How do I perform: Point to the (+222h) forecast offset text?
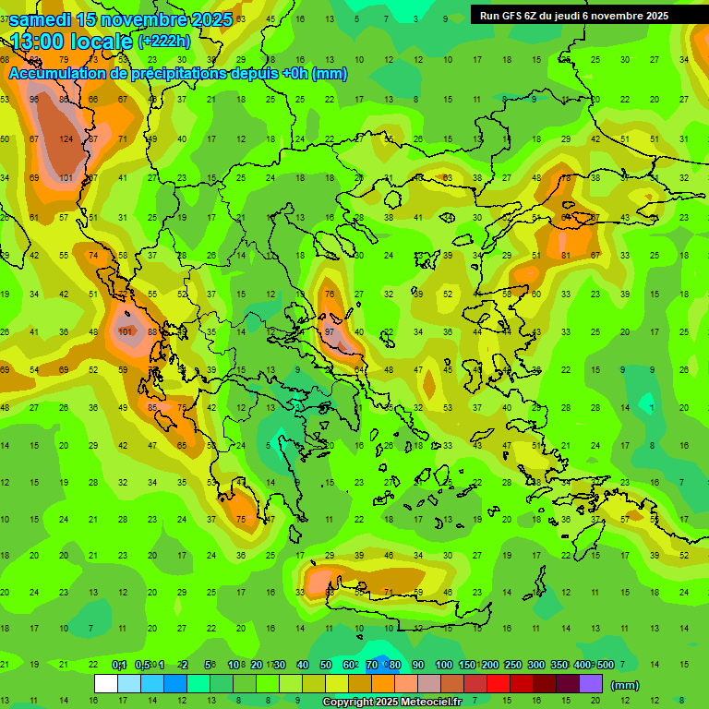[x=163, y=42]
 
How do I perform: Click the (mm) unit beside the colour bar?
[x=625, y=685]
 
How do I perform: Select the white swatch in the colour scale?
[x=106, y=684]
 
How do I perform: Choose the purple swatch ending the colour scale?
[x=591, y=684]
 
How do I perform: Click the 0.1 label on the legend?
[x=118, y=665]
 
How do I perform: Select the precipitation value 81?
[x=567, y=255]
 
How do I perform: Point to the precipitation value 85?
[x=153, y=407]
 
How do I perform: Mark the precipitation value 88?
[x=153, y=332]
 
